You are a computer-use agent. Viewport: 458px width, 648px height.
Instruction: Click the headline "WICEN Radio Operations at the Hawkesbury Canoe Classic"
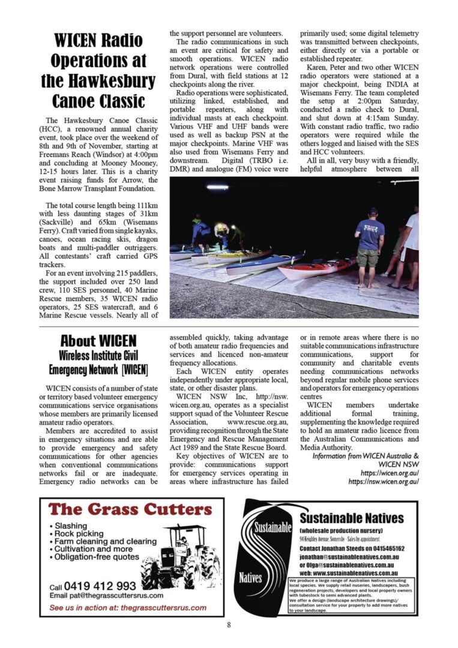[99, 71]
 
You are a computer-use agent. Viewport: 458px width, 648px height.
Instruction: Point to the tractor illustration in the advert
[181, 557]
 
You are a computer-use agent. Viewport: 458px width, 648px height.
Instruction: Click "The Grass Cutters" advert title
[130, 510]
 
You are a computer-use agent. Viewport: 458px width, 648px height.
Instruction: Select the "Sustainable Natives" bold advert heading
[351, 518]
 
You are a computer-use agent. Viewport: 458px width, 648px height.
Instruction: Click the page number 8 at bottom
[229, 625]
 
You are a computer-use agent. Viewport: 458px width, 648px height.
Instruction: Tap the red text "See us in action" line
[128, 607]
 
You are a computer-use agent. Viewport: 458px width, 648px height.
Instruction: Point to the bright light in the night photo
[217, 187]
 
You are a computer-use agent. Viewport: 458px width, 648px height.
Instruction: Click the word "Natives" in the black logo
[251, 578]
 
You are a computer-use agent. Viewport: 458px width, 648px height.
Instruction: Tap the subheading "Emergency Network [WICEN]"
[98, 368]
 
